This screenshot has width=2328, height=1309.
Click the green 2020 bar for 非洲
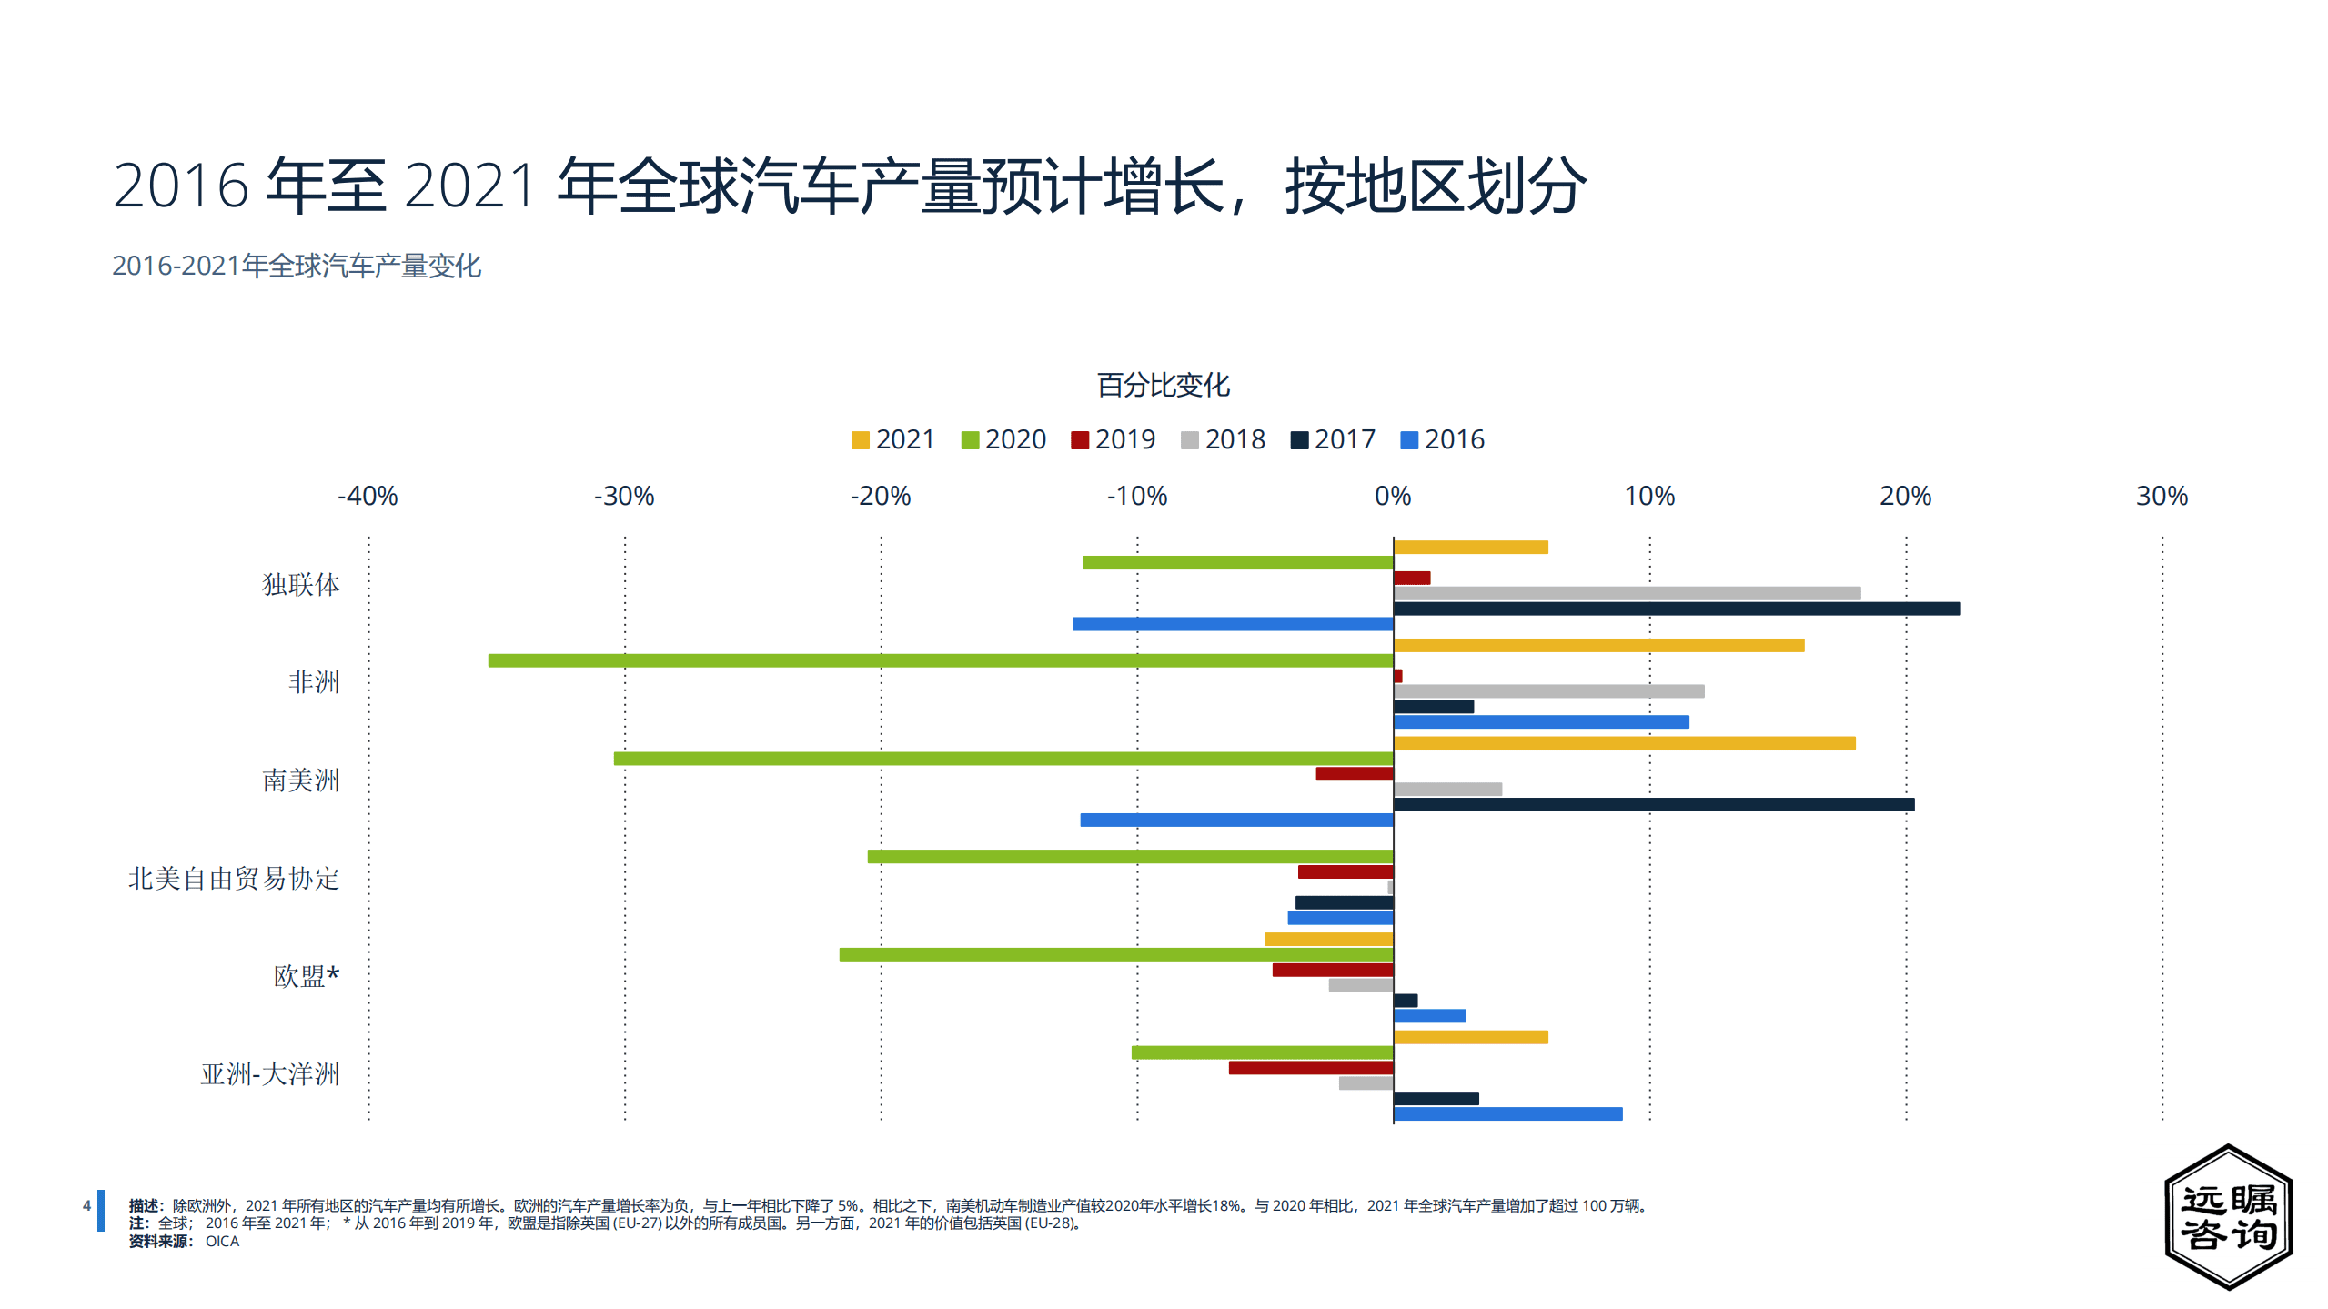[940, 660]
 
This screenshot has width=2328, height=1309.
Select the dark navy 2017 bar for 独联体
[1677, 609]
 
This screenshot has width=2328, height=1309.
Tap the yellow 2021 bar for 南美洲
[1624, 743]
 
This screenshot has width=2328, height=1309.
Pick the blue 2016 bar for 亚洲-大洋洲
[1507, 1113]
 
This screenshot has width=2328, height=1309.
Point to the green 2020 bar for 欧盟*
[1115, 954]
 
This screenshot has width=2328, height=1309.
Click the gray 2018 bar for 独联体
[1627, 593]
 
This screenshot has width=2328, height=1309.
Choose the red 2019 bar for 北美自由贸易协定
[1345, 871]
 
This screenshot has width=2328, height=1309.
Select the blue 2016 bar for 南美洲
[1236, 820]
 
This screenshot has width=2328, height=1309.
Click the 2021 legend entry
[892, 439]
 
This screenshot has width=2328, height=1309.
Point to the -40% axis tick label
[368, 496]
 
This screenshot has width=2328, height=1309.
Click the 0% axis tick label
[1393, 496]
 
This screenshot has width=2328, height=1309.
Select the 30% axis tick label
[2162, 496]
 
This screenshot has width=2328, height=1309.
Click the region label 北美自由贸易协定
[234, 878]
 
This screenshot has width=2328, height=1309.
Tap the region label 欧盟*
[307, 976]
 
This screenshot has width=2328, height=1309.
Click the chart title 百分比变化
[1163, 385]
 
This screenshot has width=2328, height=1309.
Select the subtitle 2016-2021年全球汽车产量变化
[297, 266]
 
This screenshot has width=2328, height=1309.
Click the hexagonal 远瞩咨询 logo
[2228, 1216]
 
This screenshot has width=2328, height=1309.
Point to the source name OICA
[222, 1242]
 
